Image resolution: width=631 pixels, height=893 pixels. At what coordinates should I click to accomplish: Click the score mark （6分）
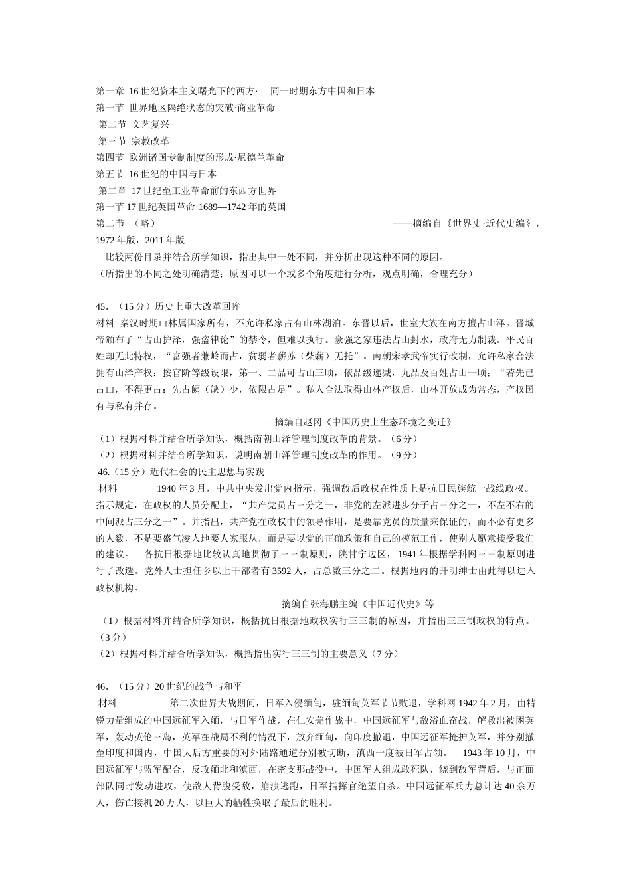pyautogui.click(x=402, y=439)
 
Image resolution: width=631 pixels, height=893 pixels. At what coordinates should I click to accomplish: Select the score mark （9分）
pyautogui.click(x=402, y=455)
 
